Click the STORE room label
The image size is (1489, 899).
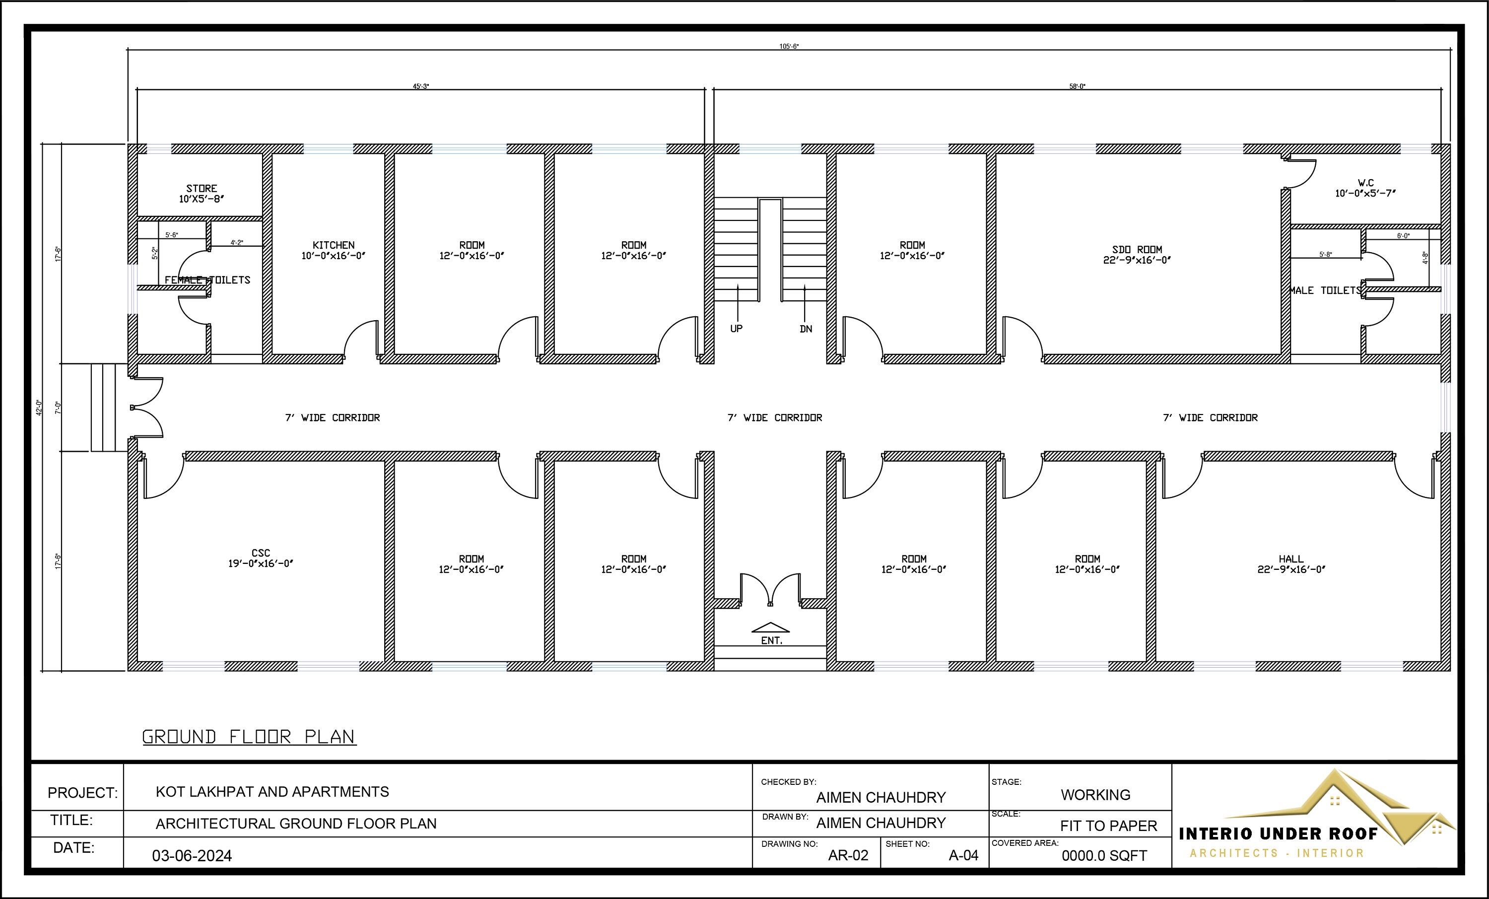point(201,189)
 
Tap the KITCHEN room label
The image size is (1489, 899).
point(334,245)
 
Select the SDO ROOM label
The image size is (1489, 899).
point(1137,250)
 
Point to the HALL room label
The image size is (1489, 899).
point(1291,558)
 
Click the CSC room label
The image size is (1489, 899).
point(261,553)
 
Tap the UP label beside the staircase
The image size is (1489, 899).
point(736,328)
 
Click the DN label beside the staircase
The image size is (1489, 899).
point(806,329)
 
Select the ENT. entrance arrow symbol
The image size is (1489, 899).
point(770,627)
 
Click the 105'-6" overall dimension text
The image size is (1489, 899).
point(789,47)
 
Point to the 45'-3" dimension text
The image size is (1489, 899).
point(420,86)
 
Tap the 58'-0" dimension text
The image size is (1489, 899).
point(1077,86)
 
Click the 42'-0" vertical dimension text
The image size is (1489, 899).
point(40,408)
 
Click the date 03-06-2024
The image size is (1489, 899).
point(192,855)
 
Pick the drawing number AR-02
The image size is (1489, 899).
point(848,855)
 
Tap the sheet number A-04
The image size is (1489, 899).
point(963,855)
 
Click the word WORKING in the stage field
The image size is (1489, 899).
point(1095,794)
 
